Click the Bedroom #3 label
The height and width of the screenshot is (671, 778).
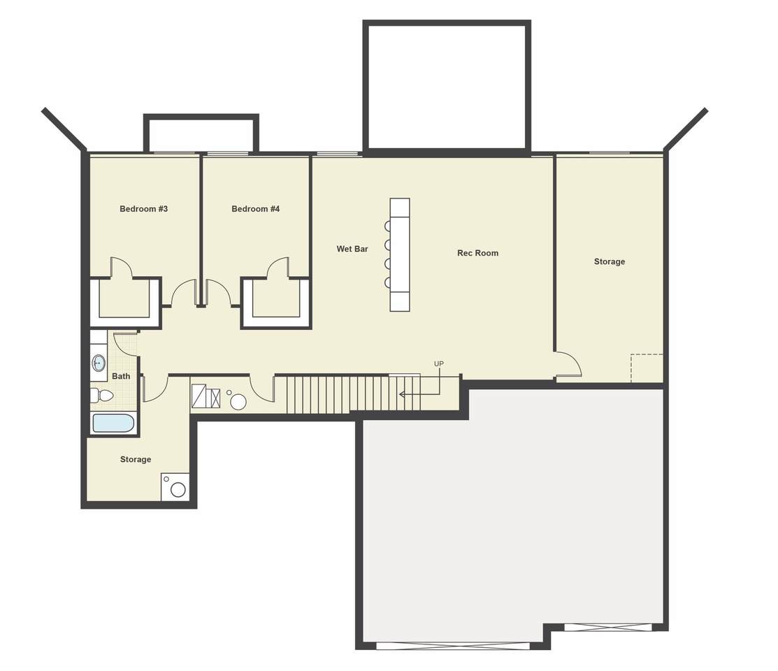143,209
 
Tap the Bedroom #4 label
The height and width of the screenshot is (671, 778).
256,209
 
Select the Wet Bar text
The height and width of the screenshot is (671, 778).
352,249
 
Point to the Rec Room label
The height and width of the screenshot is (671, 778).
478,253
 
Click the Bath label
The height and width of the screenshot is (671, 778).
121,376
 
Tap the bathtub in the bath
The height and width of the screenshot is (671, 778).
113,424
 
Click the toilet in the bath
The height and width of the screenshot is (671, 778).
102,396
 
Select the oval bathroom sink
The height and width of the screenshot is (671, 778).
99,363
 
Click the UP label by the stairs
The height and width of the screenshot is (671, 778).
439,363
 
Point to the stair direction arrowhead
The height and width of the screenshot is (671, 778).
402,394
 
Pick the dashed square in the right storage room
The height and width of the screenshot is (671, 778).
647,368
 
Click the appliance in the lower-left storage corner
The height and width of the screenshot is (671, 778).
175,487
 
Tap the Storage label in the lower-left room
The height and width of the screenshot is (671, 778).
136,460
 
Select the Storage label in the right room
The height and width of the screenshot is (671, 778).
610,261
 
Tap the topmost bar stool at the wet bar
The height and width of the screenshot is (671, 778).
387,226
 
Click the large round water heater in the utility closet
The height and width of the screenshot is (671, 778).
238,401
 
